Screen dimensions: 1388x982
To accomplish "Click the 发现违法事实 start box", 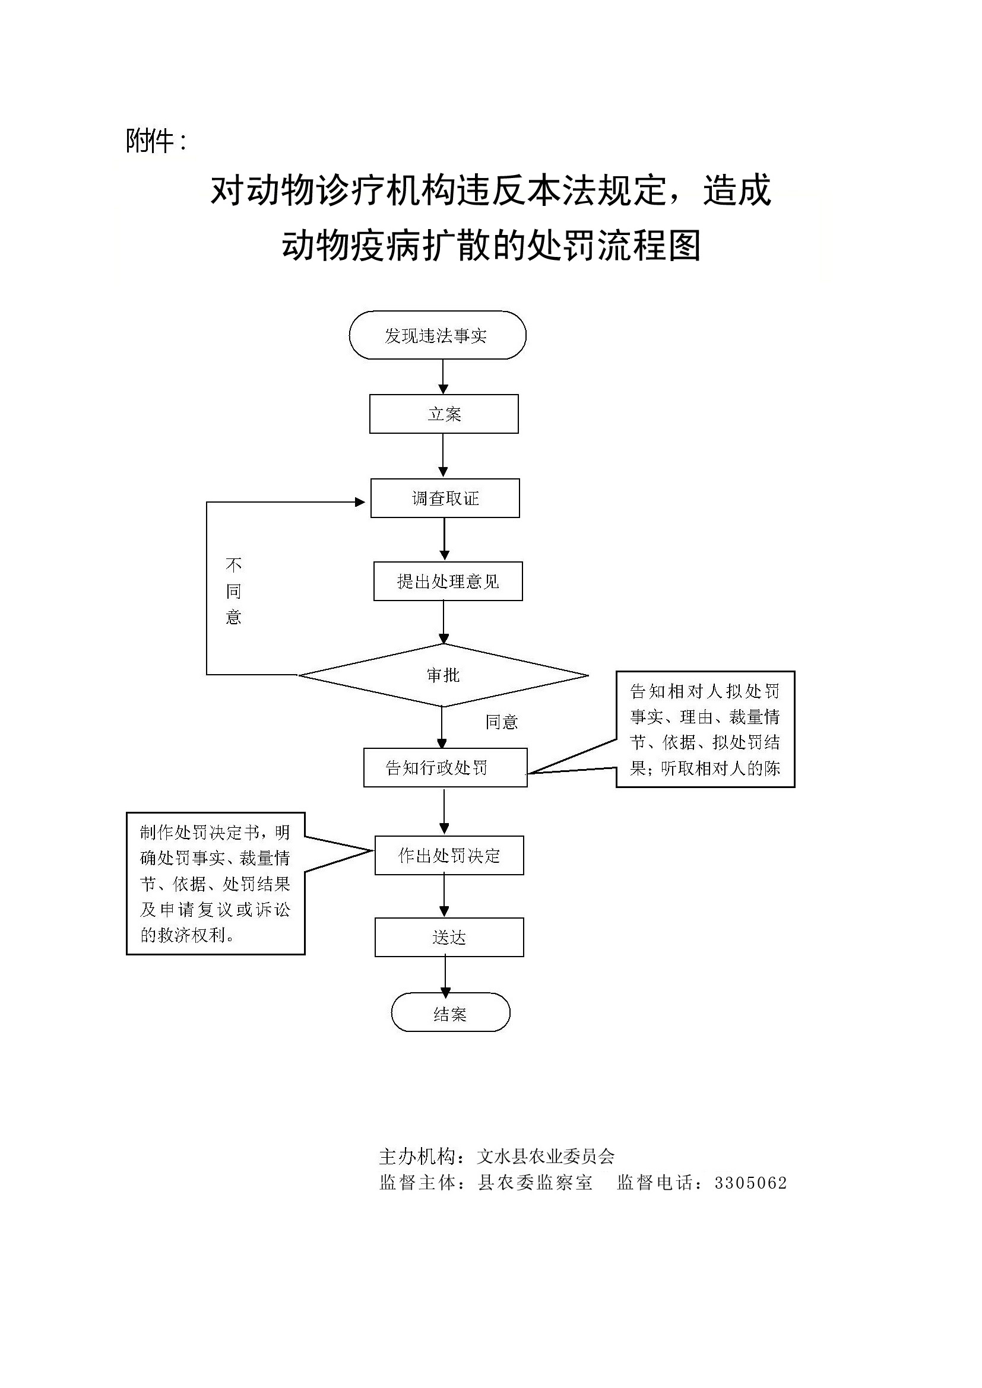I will [x=437, y=335].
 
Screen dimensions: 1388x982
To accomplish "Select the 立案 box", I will [x=444, y=414].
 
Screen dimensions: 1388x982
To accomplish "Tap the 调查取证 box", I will [x=445, y=498].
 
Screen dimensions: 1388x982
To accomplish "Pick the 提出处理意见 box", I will [x=448, y=582].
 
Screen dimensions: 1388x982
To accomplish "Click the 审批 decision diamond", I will [x=444, y=675].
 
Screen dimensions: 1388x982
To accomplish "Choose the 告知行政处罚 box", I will [x=445, y=768].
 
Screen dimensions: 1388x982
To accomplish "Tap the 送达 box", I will [x=449, y=938].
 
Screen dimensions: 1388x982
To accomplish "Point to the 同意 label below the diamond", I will [x=501, y=722].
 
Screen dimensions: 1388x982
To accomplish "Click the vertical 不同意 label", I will [x=233, y=591].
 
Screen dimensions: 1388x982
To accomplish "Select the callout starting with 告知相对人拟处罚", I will [x=705, y=729].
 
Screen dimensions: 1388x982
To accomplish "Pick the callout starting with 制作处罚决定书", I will [x=216, y=883].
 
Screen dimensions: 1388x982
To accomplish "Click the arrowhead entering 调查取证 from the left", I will [x=360, y=502].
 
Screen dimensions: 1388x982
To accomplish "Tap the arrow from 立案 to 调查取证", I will [x=444, y=456].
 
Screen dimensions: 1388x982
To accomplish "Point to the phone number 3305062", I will [x=750, y=1183].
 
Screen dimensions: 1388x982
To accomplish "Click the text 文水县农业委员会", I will [x=546, y=1157].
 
